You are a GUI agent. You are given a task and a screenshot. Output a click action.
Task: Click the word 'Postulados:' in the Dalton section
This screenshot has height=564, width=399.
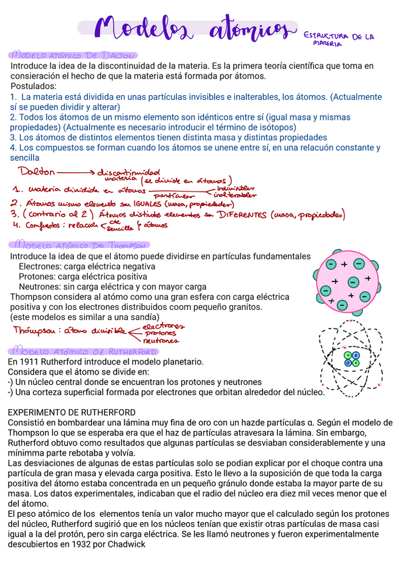[x=33, y=86]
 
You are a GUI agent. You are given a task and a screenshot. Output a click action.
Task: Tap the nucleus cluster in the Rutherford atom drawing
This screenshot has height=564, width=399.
[x=351, y=358]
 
